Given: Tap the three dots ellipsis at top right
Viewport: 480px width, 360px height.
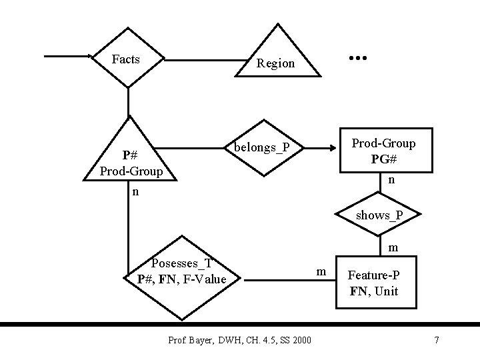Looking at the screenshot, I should click(359, 59).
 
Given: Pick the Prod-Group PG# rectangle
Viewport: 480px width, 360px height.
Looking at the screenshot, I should click(383, 151).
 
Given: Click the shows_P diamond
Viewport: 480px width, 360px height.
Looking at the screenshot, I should click(379, 215).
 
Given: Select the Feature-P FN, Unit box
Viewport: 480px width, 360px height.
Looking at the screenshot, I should click(374, 283).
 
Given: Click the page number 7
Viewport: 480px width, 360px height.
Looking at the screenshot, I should click(436, 341).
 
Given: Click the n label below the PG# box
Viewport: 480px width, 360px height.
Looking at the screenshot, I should click(392, 180).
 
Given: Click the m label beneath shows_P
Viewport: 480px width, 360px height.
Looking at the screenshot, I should click(393, 247).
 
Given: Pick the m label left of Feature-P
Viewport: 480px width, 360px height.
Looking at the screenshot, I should click(321, 271).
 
